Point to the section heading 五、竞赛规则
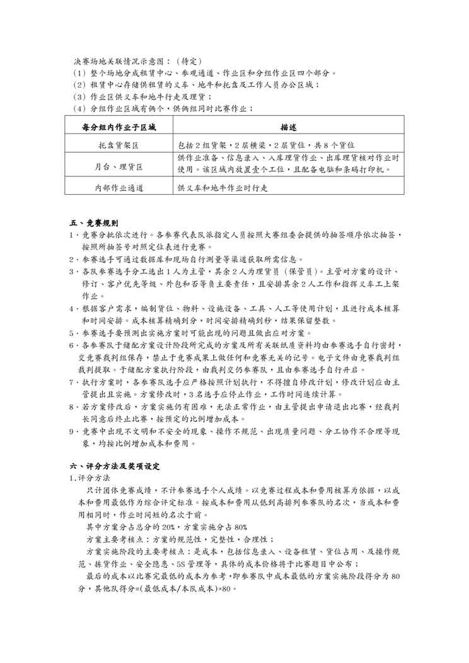click(x=93, y=223)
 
